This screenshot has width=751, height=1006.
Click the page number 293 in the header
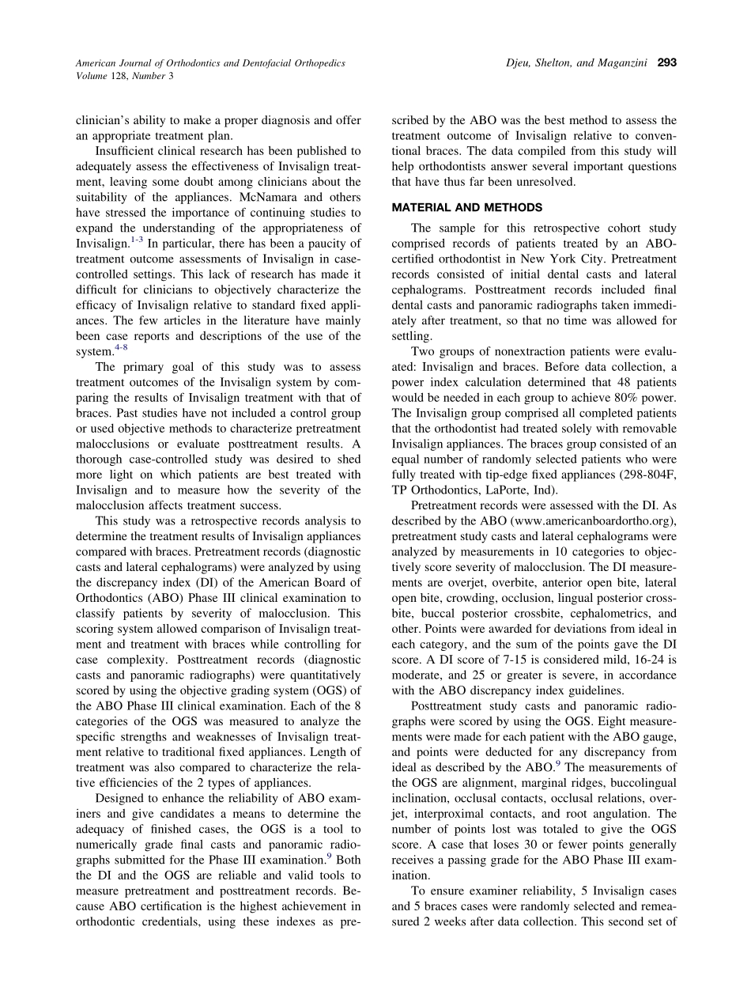(x=666, y=63)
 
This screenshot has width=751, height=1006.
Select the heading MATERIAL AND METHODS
(x=466, y=208)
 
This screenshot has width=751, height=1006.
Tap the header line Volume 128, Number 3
(x=124, y=76)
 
